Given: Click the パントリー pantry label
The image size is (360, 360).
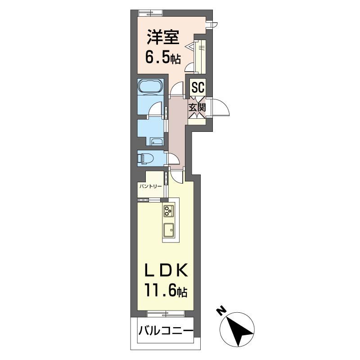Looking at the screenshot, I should tap(149, 185).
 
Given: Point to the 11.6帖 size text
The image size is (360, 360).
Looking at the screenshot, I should tap(166, 292).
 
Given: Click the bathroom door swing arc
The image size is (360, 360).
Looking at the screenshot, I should tap(156, 109).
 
